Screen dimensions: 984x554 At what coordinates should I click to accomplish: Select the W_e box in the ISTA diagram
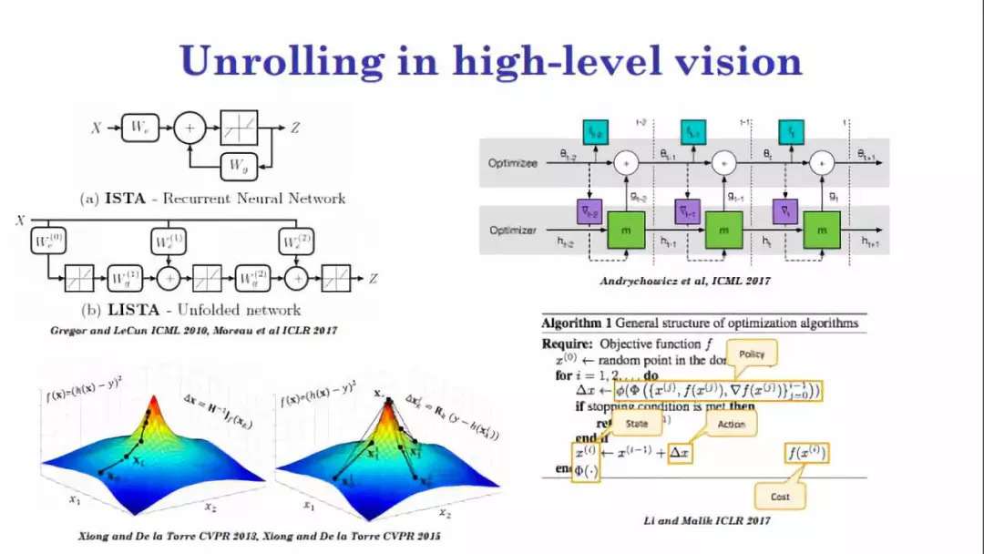tap(138, 128)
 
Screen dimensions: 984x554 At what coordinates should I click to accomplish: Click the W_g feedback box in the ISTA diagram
tap(238, 166)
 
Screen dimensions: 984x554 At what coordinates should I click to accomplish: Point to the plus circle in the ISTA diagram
tap(190, 128)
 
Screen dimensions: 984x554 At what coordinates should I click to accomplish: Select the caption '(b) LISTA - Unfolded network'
tap(203, 310)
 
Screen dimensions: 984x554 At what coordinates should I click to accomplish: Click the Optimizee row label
tap(513, 162)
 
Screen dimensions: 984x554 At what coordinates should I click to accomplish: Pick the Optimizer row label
tap(513, 231)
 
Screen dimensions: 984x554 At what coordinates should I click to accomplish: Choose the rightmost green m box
tap(823, 231)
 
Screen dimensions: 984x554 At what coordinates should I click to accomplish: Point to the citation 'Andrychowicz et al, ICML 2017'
tap(684, 281)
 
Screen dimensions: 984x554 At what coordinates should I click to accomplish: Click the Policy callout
tap(753, 354)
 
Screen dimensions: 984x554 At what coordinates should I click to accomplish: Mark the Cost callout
tap(780, 497)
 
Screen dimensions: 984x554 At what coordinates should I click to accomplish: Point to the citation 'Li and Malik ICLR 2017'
tap(707, 521)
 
